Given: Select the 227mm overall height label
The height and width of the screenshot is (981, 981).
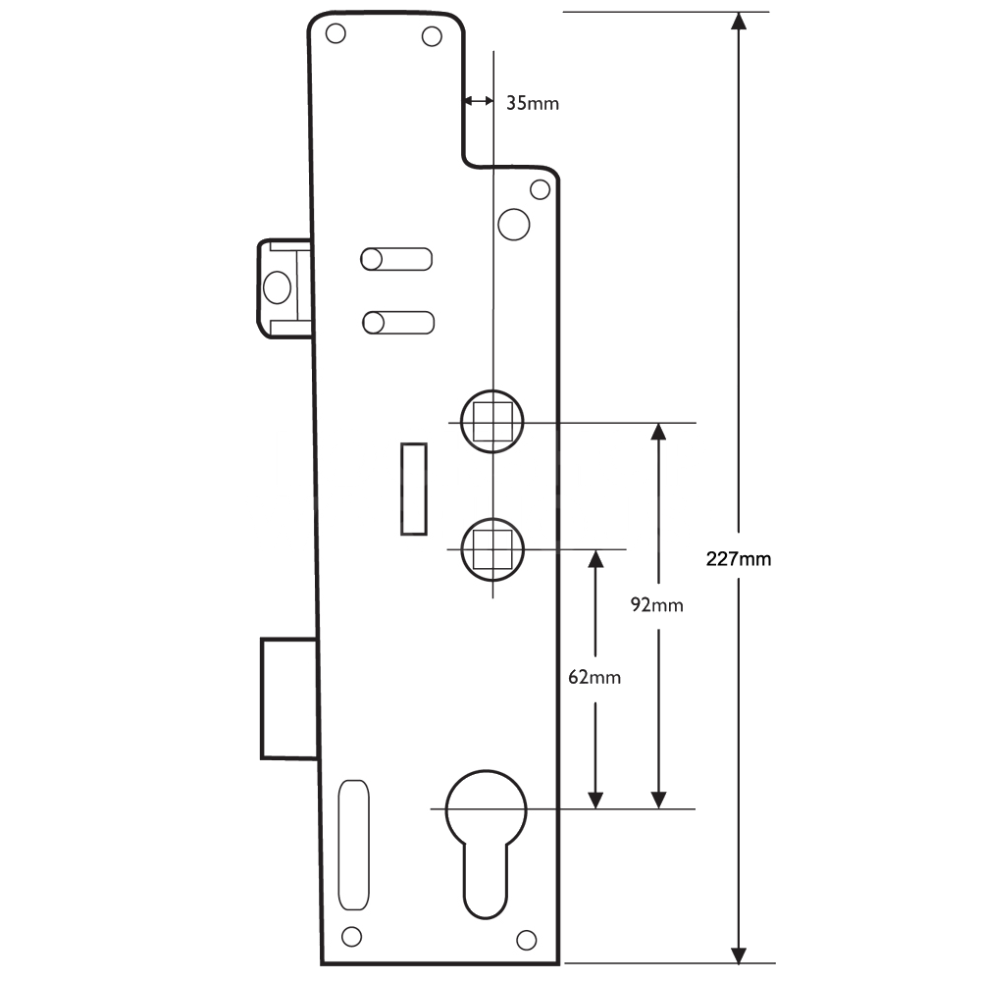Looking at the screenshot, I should (x=739, y=559).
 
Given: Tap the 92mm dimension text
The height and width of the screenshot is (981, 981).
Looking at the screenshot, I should (x=656, y=604).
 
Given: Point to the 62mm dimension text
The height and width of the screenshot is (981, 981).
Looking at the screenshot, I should (x=594, y=677).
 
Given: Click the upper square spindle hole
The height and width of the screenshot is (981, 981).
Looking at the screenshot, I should (x=491, y=422).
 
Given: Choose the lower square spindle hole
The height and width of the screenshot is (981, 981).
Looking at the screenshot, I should (x=491, y=547).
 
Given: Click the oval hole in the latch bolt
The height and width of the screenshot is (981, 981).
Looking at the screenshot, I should (x=276, y=287).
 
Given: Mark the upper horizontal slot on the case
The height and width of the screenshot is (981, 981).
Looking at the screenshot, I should (x=397, y=258).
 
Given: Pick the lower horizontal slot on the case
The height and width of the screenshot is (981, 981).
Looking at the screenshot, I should (x=397, y=322).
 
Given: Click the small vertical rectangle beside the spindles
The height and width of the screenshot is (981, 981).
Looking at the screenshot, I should (x=414, y=489).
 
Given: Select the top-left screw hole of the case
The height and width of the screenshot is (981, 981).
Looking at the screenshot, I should (x=335, y=33).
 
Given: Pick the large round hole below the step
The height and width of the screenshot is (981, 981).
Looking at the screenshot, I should (x=513, y=224).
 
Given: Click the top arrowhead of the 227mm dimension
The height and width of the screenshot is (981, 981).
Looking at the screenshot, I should (x=739, y=22).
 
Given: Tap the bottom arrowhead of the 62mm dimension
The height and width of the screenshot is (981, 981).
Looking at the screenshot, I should (x=594, y=799).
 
